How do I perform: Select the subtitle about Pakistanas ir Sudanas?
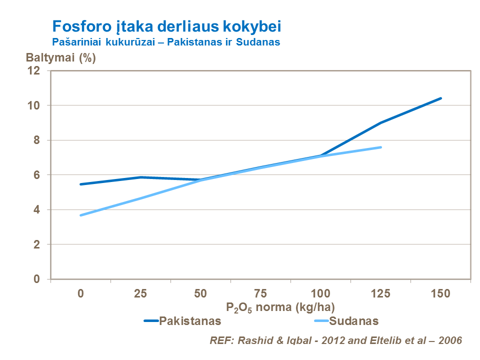point(166,42)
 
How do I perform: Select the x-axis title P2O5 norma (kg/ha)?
point(280,307)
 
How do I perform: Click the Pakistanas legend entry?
point(190,321)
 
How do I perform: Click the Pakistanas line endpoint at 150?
point(440,98)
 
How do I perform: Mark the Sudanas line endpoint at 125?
point(380,147)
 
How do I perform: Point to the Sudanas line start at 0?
point(80,215)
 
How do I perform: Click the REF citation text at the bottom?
point(335,340)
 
